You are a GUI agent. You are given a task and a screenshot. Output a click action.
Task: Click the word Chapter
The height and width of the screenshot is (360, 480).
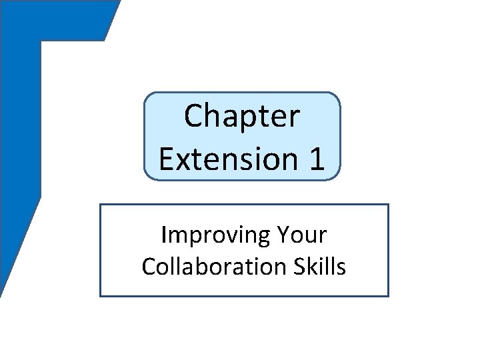pos(243,116)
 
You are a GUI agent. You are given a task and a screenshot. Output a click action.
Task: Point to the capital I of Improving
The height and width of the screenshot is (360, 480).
pos(164,236)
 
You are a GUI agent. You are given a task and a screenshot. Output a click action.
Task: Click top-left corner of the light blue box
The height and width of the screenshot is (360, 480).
pos(145,94)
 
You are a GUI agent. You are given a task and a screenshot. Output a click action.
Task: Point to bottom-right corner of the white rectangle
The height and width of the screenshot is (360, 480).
pos(388,296)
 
